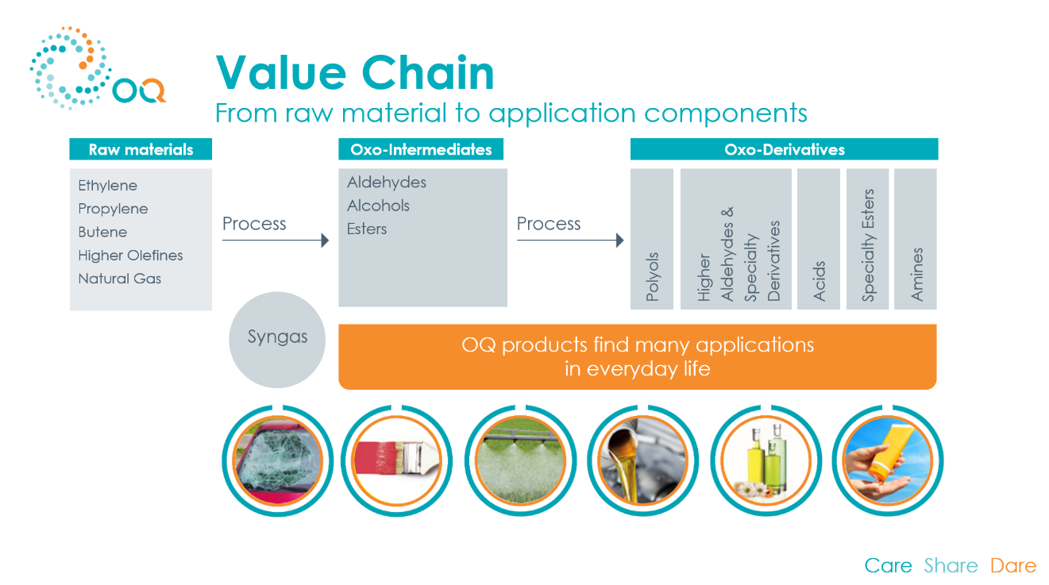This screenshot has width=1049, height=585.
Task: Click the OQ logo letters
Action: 139,90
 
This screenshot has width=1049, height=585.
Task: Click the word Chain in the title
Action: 428,73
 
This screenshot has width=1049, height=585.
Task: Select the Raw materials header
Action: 141,149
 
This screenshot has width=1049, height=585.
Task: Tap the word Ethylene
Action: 108,185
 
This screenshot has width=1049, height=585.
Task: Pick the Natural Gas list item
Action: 119,279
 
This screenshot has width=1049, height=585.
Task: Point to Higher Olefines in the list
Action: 130,255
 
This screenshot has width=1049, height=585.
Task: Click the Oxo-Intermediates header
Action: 421,149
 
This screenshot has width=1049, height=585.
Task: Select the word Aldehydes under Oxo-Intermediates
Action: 387,182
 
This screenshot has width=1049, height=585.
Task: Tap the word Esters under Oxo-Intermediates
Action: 367,229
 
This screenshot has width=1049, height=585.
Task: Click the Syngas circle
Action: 277,340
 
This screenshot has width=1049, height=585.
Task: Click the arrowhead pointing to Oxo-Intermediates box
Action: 325,240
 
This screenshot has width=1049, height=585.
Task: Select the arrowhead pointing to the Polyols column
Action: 620,240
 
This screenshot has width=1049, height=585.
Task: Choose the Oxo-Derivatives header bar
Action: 784,149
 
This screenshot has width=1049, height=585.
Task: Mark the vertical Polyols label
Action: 652,276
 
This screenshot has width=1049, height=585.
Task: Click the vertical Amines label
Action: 916,275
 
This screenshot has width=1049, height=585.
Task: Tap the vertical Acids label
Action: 819,281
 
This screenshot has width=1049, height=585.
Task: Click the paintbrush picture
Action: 397,461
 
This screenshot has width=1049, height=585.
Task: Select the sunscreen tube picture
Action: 888,461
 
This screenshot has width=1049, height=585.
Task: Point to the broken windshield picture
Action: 278,461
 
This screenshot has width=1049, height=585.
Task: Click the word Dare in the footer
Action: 1013,565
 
